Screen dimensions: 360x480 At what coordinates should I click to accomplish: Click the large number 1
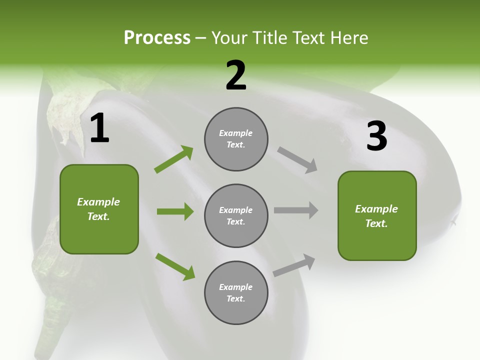(99, 128)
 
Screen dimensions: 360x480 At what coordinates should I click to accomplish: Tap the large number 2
(236, 75)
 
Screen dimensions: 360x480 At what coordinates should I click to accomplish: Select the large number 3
(376, 136)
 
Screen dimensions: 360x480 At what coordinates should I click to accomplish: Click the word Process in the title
(157, 37)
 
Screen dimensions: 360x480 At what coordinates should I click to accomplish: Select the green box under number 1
(99, 209)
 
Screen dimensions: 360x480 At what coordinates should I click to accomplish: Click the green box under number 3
(377, 216)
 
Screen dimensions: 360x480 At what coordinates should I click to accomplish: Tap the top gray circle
(236, 139)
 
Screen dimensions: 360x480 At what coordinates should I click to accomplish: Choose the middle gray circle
(236, 216)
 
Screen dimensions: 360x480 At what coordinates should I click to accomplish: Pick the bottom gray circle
(236, 293)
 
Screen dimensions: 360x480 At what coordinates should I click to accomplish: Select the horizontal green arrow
(175, 211)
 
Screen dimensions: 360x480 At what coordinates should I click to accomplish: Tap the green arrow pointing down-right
(175, 266)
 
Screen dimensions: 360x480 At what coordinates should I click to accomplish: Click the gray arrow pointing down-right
(297, 160)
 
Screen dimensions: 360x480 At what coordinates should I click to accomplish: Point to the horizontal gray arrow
(296, 210)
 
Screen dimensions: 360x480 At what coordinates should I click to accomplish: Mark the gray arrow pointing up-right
(294, 265)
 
